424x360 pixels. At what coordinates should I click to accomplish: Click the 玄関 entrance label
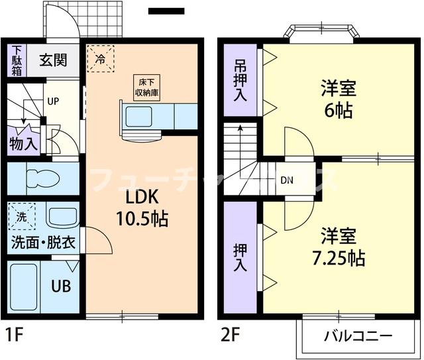[x=54, y=60]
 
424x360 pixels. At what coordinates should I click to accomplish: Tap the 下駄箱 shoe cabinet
[x=17, y=61]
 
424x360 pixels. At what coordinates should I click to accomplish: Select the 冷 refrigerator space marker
[x=100, y=58]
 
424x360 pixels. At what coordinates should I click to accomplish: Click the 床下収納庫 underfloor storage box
[x=148, y=86]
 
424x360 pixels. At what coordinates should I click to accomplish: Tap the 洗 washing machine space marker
[x=21, y=215]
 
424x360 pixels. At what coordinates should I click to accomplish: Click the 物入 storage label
[x=23, y=143]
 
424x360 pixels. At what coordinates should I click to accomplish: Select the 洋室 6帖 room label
[x=338, y=98]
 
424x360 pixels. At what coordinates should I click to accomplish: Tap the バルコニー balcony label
[x=358, y=336]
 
